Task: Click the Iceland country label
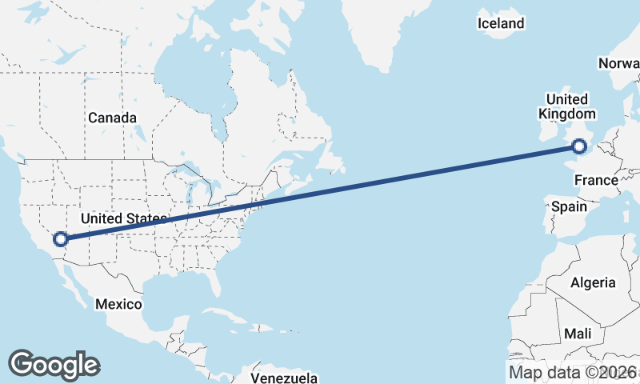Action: (x=501, y=23)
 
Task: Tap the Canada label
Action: (x=112, y=118)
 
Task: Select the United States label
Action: (x=123, y=218)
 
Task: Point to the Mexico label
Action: (x=118, y=304)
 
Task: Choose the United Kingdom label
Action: (x=566, y=106)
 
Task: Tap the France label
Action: (x=596, y=181)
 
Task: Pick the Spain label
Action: (x=569, y=207)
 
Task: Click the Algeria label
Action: (x=593, y=282)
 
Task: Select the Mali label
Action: (x=578, y=333)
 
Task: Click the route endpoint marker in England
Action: (x=579, y=146)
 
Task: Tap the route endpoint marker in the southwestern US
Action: (x=60, y=238)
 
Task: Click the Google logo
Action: (x=54, y=364)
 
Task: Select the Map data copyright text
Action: (x=573, y=372)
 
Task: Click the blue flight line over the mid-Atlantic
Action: (x=400, y=178)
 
